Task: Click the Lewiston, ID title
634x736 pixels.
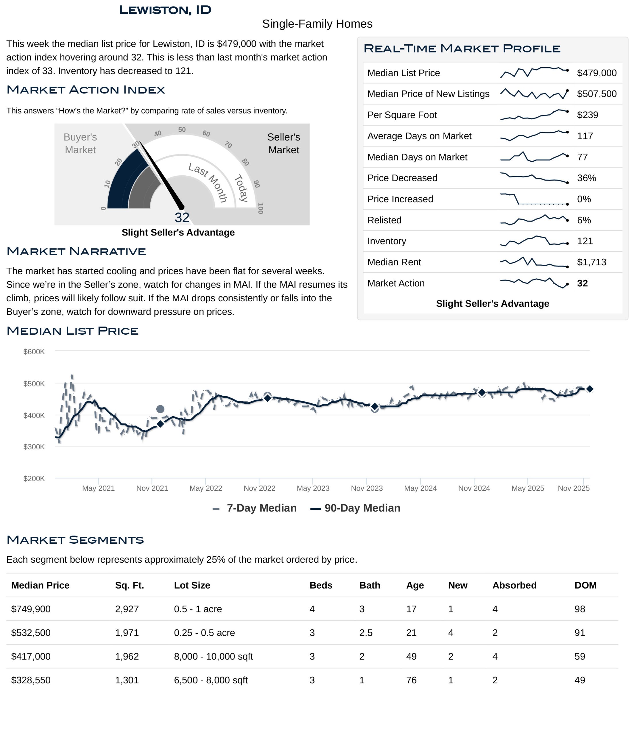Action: [165, 10]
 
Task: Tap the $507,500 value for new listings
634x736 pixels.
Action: [596, 94]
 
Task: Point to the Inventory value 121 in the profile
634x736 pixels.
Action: [585, 241]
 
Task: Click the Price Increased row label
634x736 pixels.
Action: [400, 199]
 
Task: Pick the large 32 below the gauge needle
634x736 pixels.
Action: [182, 217]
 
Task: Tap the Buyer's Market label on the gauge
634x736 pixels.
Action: [80, 143]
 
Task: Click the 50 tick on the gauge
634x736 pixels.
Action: [182, 130]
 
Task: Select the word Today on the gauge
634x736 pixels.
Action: [241, 188]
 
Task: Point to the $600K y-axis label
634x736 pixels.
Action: [34, 352]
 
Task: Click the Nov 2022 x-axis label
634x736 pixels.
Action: [259, 488]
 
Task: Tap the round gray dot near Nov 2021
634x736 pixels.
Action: [160, 409]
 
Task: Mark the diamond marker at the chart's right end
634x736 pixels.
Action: [590, 389]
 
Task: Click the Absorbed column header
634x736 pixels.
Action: [514, 585]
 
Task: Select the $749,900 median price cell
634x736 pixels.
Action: [31, 609]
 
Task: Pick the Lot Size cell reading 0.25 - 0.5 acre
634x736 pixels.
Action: [204, 633]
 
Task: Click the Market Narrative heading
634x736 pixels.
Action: [76, 252]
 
